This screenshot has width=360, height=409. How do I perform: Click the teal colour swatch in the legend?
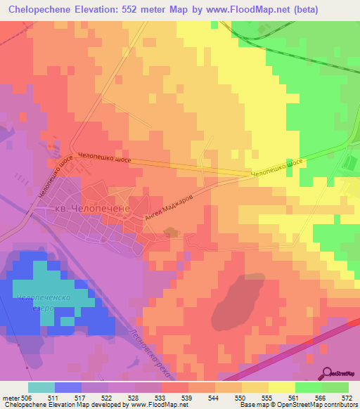[41, 387]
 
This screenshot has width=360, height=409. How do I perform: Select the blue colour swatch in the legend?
[67, 387]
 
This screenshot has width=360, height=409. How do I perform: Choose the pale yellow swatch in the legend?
[281, 387]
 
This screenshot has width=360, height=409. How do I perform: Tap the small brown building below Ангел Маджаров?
[170, 232]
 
